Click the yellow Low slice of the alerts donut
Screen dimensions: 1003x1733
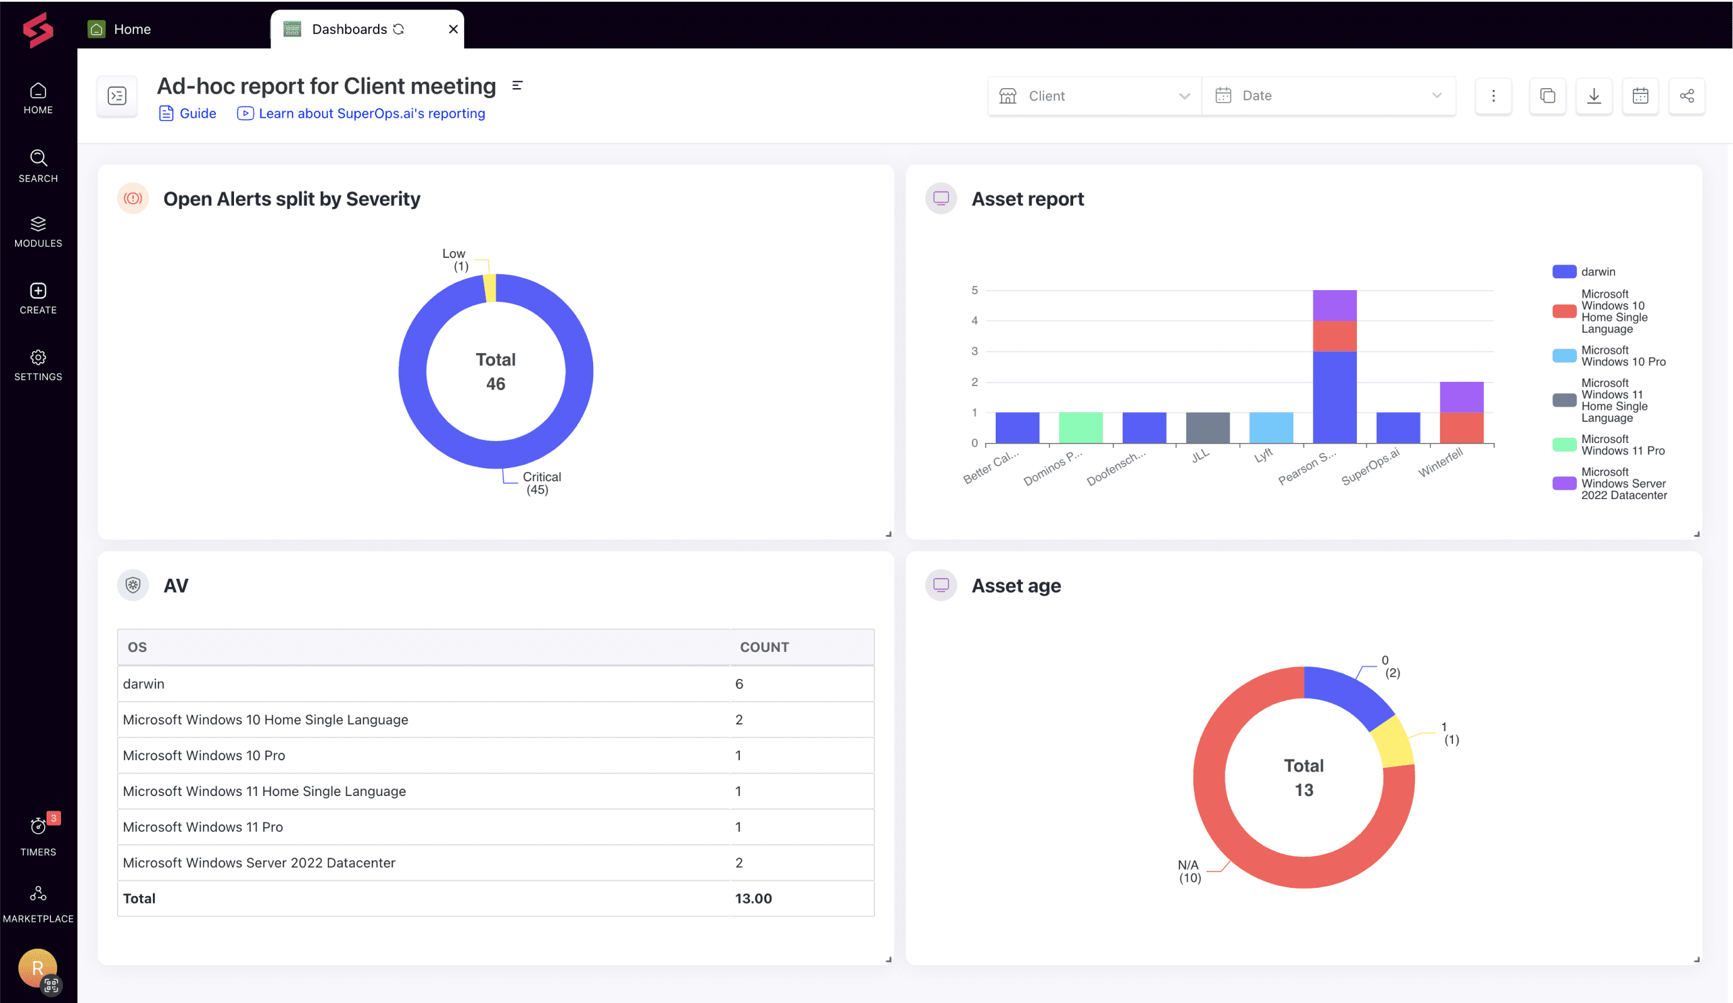point(489,288)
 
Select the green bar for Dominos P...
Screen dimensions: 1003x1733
point(1081,427)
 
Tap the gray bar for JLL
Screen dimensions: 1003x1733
point(1208,427)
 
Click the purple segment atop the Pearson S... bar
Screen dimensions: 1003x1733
point(1334,305)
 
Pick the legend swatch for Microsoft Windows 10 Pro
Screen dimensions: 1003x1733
point(1564,356)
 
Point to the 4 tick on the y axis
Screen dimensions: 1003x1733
point(974,320)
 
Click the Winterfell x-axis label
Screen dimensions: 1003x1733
point(1440,462)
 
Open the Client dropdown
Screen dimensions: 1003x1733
point(1094,96)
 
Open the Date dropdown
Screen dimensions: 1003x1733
point(1328,96)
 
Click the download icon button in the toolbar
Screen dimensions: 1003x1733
point(1593,96)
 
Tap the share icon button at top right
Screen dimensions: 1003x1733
point(1686,96)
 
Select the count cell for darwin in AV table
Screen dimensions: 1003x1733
point(739,684)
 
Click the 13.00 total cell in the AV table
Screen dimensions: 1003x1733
point(753,899)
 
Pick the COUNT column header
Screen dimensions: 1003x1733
point(764,647)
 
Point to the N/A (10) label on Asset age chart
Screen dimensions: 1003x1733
point(1189,871)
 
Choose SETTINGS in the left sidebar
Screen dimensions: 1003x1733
point(38,364)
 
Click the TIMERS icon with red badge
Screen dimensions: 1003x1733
point(38,826)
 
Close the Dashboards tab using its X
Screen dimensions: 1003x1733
point(453,29)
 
